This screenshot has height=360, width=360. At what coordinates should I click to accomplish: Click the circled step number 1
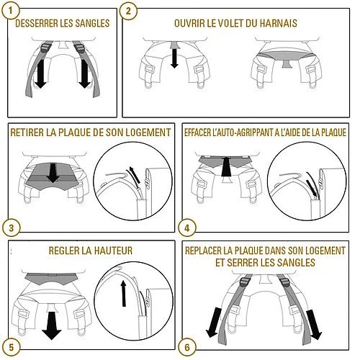(10, 10)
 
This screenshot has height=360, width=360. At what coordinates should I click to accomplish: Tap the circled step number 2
(128, 11)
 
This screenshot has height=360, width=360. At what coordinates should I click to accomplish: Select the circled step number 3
(12, 228)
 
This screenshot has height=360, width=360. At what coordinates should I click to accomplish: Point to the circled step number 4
(187, 228)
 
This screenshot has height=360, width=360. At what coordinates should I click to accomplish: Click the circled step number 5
(12, 347)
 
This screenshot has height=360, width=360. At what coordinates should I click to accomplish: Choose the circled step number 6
(187, 347)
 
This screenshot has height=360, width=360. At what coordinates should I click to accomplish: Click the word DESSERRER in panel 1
(37, 23)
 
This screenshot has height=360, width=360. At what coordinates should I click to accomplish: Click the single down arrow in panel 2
(174, 58)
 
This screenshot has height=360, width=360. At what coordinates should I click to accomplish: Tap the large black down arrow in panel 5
(51, 325)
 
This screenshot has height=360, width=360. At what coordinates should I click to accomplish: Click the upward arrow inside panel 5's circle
(123, 293)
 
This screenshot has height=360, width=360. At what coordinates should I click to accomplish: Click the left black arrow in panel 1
(40, 73)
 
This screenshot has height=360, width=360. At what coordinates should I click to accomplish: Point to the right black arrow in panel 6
(314, 325)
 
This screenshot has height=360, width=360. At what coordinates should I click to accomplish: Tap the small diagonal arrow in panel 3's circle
(135, 175)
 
